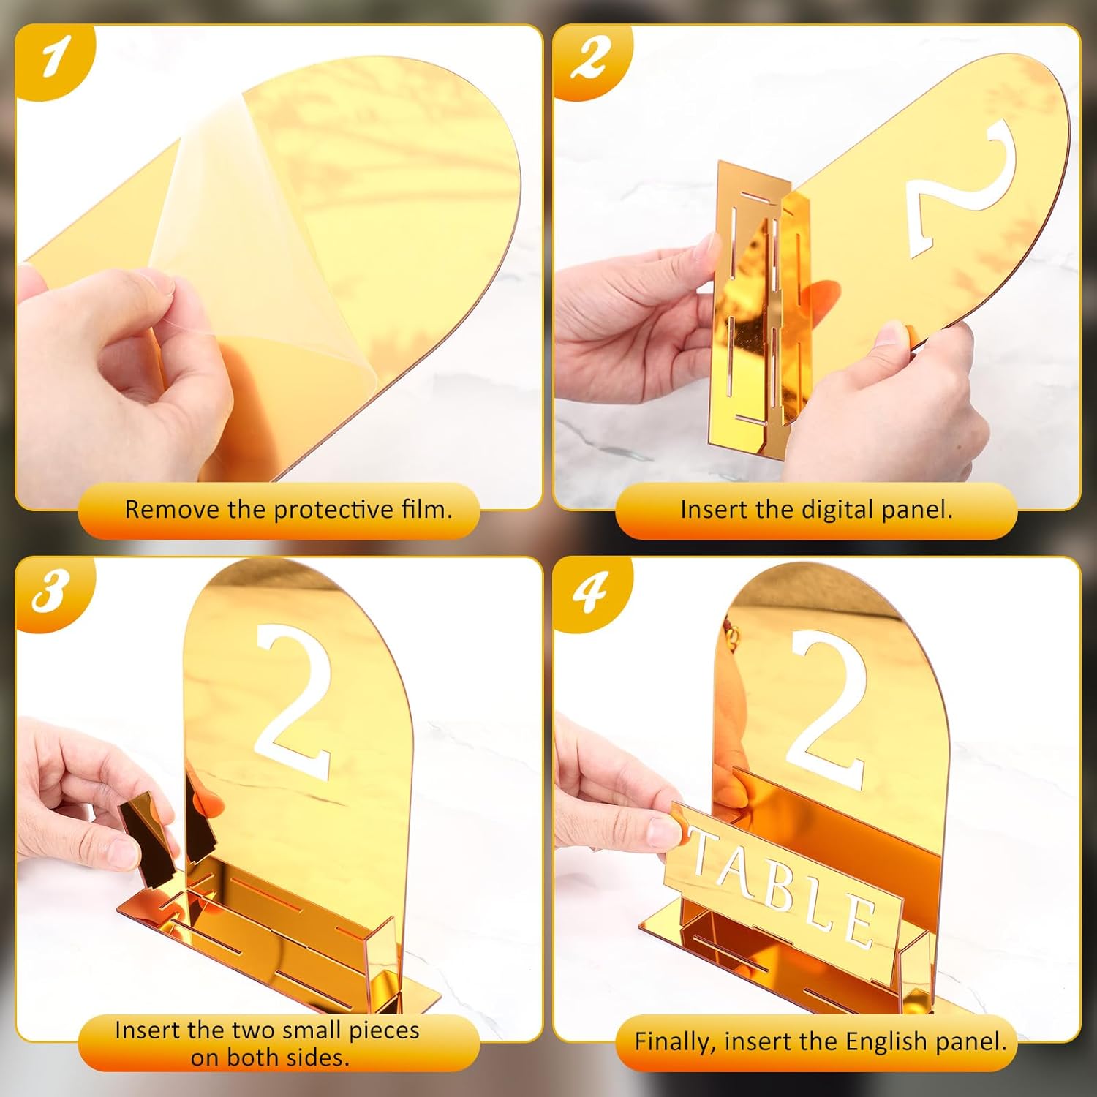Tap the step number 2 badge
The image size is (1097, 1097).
[590, 59]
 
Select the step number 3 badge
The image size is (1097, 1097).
[53, 591]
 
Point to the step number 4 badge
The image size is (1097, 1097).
[590, 591]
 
